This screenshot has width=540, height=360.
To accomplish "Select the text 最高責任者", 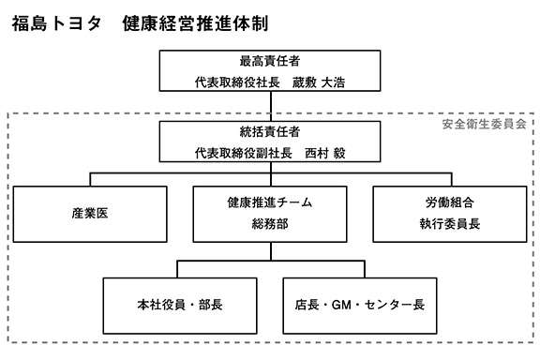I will pos(270,62).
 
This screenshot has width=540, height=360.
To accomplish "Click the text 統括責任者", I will pos(270,132).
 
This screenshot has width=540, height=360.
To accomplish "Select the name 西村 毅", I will pos(325,153).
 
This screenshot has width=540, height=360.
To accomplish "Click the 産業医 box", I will pos(90,213).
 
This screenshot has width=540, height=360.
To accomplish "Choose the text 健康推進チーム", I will pos(270,202).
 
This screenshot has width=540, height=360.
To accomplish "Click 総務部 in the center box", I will pos(270,224).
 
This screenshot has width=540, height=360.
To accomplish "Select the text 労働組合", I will pos(449,202).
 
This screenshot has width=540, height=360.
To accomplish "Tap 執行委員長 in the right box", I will pos(449,224).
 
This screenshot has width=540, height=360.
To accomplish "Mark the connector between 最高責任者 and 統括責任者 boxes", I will pos(270,106).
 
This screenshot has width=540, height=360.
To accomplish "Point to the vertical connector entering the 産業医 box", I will pos(90,179).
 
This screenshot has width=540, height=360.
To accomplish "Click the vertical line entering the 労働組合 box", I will pos(449,179).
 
